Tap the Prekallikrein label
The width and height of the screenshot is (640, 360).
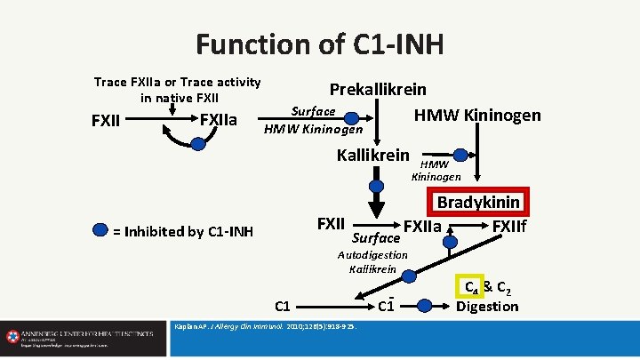pos(378,90)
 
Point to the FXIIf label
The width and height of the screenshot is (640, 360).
pos(509,227)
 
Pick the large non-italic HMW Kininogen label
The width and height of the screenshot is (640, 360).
pos(477,115)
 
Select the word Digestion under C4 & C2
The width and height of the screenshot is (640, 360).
pos(486,307)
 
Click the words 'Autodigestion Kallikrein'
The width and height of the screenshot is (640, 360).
pos(373,261)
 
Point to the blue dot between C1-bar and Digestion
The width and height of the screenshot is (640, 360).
pos(428,305)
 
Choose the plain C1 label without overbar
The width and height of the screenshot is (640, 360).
pos(283,307)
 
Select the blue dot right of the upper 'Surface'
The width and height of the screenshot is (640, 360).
pos(351,116)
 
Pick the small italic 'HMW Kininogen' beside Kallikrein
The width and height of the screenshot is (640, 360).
pos(435,171)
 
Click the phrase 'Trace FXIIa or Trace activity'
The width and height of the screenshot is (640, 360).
pos(178,83)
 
